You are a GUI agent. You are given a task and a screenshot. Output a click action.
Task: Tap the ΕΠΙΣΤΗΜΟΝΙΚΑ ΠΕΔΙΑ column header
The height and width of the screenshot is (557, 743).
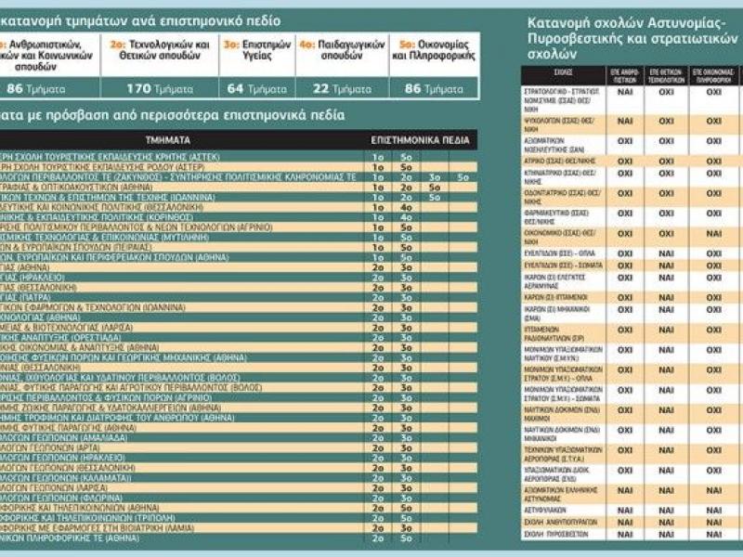pos(421,138)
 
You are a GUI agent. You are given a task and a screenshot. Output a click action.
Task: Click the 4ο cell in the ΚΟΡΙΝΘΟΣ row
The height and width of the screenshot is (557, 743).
pos(406,215)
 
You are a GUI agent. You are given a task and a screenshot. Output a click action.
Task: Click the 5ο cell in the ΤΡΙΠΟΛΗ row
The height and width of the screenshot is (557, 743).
pos(406,516)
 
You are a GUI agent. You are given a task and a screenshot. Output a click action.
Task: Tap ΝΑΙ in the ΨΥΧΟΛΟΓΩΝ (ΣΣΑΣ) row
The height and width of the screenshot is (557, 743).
pos(625,121)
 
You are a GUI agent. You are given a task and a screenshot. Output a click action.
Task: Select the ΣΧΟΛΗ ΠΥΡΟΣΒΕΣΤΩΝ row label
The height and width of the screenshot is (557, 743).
pos(555,535)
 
